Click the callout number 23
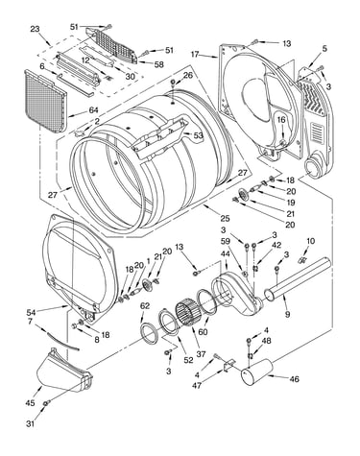click(35, 29)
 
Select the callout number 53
click(198, 135)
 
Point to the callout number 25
click(225, 218)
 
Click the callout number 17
click(196, 54)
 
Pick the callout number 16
click(281, 120)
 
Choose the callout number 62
click(145, 306)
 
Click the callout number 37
click(201, 353)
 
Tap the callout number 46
click(294, 379)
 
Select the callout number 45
click(30, 403)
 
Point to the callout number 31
click(30, 424)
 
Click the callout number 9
click(287, 315)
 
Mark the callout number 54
click(32, 312)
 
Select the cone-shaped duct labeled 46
click(257, 372)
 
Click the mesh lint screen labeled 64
click(45, 101)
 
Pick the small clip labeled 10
click(301, 259)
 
